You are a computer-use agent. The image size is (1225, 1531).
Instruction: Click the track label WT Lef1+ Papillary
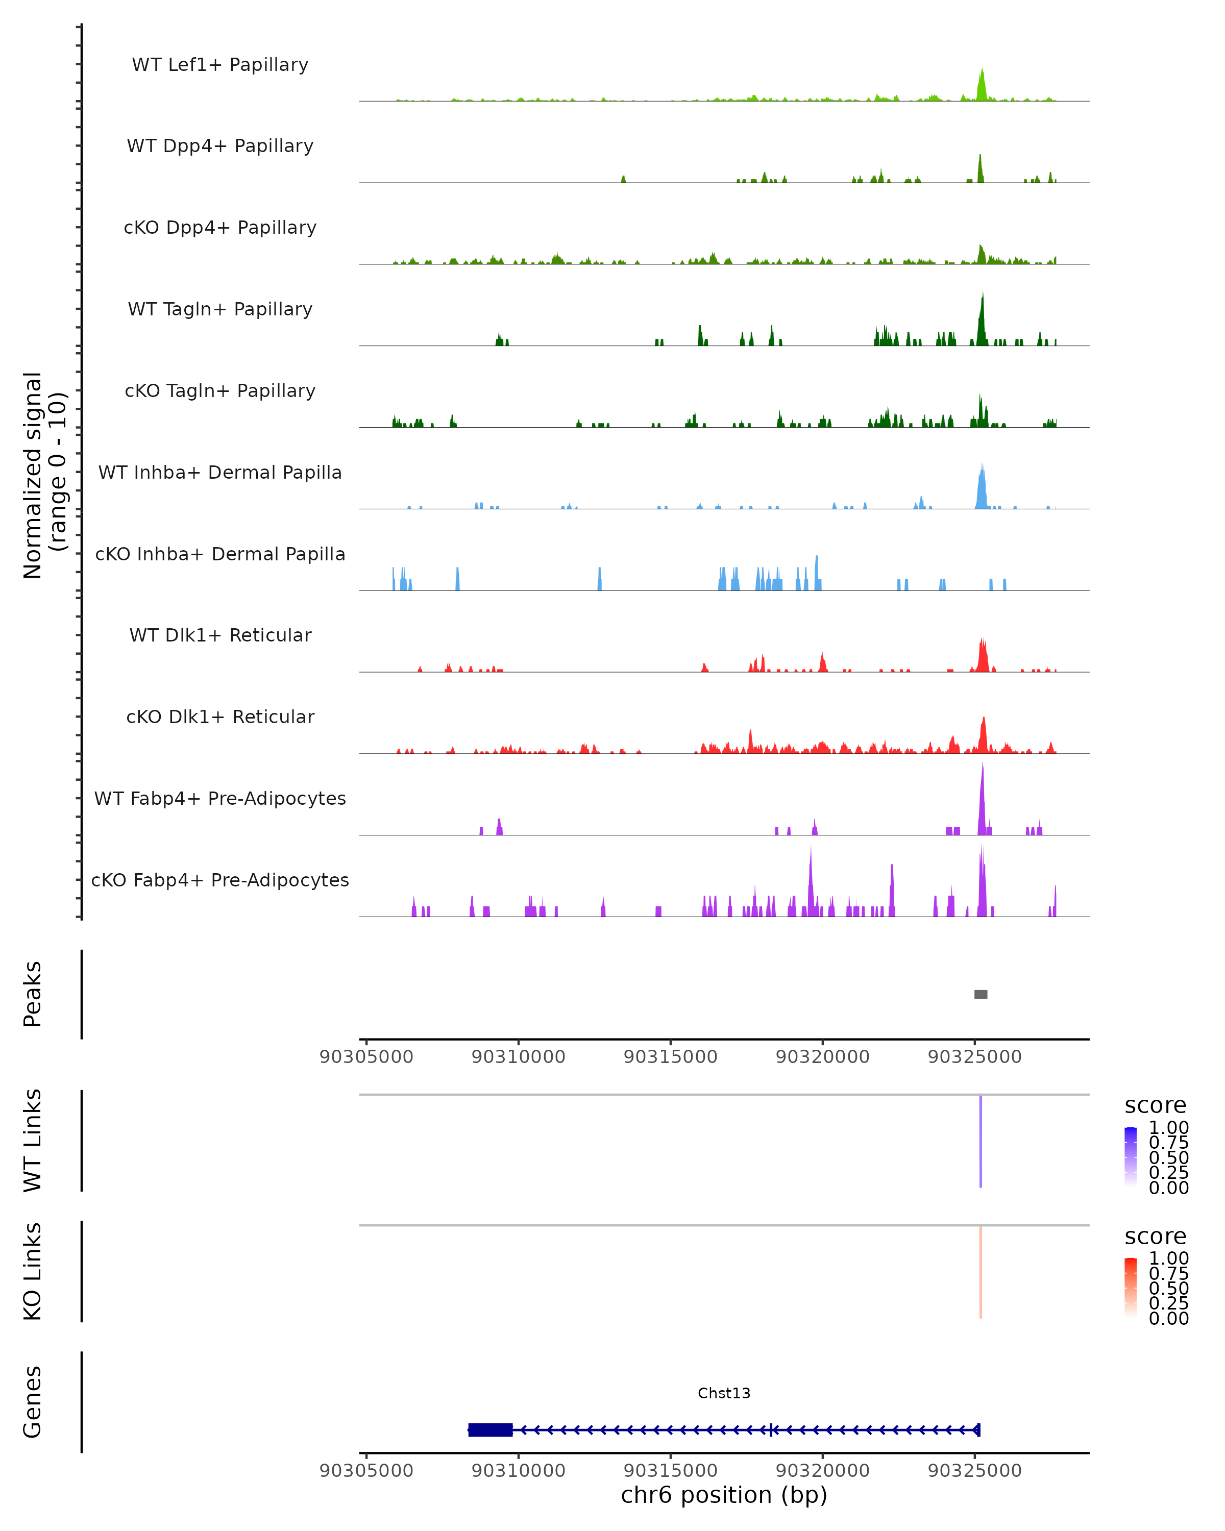tap(220, 65)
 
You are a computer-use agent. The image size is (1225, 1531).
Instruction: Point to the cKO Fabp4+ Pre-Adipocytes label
tap(220, 880)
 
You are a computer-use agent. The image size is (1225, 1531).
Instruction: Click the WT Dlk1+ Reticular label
tap(220, 635)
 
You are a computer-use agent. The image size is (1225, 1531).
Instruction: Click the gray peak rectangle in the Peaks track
tap(980, 994)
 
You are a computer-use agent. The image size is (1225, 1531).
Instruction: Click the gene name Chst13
tap(724, 1393)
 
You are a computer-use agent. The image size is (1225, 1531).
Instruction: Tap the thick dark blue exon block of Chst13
tap(490, 1429)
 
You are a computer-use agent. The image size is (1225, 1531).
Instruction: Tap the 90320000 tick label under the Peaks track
tap(822, 1057)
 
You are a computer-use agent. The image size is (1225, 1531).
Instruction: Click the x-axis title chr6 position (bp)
tap(724, 1495)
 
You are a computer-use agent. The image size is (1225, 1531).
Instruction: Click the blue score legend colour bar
tap(1131, 1155)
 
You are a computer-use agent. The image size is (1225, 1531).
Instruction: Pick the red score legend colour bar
tap(1131, 1286)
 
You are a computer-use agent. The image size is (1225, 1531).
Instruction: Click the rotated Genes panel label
tap(33, 1402)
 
